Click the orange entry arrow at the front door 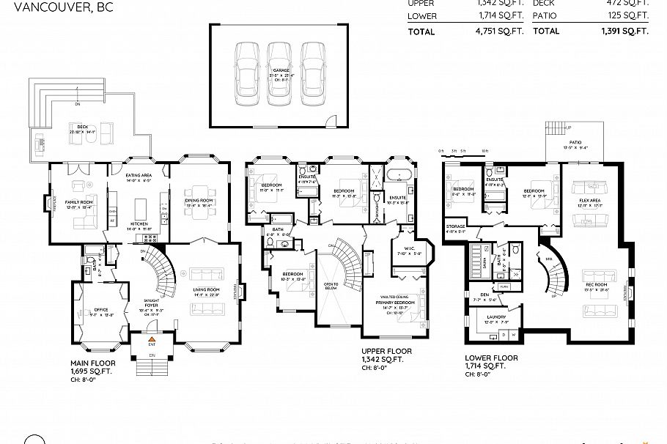pos(152,339)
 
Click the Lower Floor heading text pos(490,358)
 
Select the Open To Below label pos(331,284)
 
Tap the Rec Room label pos(595,284)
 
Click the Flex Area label pos(590,201)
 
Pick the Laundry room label pos(496,319)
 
